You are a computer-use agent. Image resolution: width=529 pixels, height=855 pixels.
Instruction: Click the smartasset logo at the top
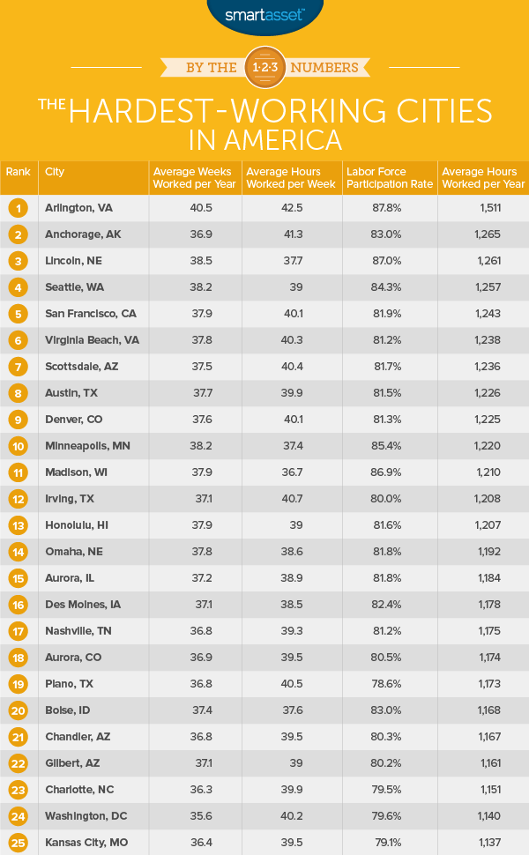click(x=264, y=15)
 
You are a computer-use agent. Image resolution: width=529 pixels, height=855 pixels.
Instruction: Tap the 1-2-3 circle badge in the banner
click(x=264, y=68)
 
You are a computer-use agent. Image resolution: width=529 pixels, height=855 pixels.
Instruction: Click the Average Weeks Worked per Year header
click(x=192, y=177)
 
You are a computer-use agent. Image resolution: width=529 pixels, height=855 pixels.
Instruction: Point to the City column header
click(x=55, y=172)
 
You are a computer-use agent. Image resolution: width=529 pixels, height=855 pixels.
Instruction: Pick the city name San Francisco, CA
click(x=90, y=313)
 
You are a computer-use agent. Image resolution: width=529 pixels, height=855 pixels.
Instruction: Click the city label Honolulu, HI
click(x=77, y=524)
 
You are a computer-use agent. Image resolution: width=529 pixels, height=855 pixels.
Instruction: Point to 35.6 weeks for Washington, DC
click(x=192, y=815)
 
